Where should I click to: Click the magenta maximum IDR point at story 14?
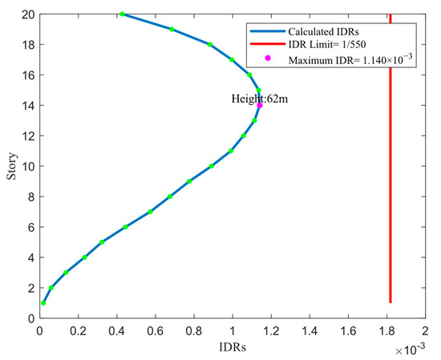[x=260, y=105]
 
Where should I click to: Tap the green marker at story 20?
[x=122, y=14]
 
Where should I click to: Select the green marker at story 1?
[x=43, y=303]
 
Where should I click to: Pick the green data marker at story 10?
[x=211, y=166]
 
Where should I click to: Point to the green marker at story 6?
[x=125, y=227]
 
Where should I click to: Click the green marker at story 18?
[x=210, y=44]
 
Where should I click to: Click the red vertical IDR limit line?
[x=390, y=160]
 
